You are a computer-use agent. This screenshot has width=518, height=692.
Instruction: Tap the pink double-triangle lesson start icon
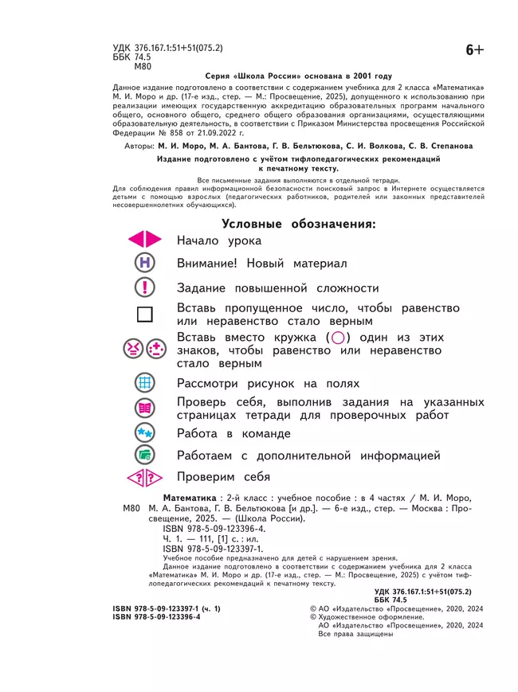(x=144, y=240)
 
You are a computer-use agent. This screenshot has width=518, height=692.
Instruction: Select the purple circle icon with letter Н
(x=144, y=264)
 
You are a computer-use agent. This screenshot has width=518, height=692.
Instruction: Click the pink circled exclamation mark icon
(x=144, y=288)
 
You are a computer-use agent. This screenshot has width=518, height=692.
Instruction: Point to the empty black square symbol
(x=144, y=315)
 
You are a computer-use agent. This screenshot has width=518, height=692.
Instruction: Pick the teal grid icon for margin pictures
(x=144, y=383)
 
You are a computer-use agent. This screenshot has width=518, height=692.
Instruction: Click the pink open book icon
(x=144, y=408)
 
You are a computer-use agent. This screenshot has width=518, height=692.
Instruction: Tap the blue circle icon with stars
(x=144, y=433)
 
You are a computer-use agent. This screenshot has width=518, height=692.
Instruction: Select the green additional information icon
(x=144, y=456)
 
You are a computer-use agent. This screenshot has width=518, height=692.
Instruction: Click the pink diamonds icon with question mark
(x=144, y=478)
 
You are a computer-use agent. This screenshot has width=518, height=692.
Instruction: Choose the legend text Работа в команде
(x=233, y=434)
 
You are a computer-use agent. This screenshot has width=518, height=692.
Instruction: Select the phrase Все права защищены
(x=355, y=635)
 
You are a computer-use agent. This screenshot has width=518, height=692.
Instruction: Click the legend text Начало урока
(x=219, y=240)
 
